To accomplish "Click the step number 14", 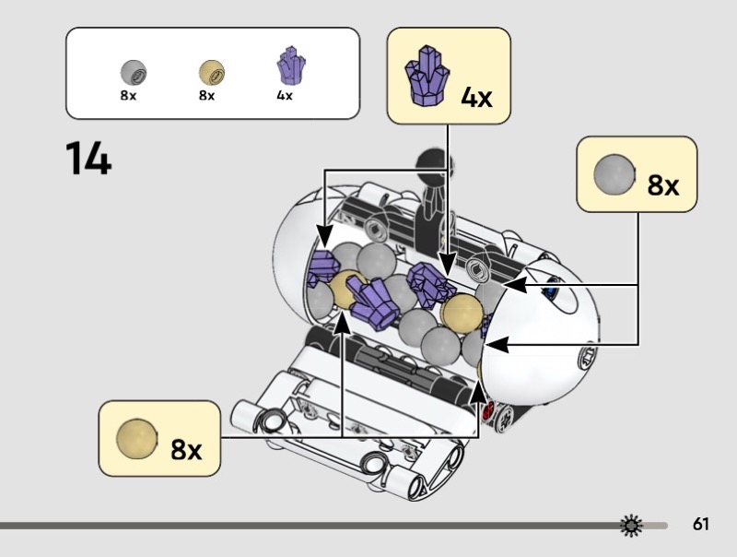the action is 88,158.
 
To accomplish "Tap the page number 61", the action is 700,524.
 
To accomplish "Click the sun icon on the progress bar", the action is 631,526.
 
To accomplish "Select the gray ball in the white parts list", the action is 134,73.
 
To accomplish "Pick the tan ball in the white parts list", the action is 212,73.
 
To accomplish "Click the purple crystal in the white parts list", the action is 291,65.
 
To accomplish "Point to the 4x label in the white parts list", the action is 285,96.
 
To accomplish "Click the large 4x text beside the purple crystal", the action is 476,98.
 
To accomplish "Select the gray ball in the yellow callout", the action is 614,174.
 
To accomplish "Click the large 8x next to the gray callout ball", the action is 662,184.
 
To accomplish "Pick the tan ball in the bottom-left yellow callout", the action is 136,438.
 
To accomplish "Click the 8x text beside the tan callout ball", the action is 186,449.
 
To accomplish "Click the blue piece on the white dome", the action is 549,292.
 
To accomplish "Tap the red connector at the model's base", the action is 487,409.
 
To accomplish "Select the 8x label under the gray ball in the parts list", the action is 128,96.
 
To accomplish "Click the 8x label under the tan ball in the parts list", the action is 206,96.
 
